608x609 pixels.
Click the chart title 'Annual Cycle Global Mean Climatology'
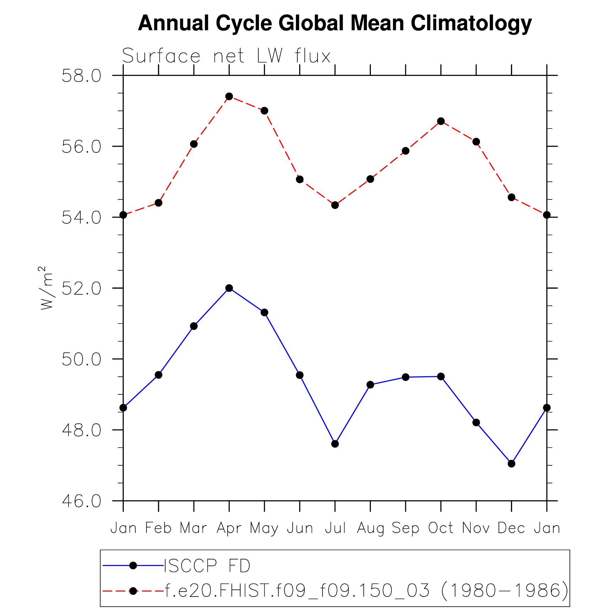(x=334, y=23)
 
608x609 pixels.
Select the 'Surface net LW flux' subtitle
(x=226, y=56)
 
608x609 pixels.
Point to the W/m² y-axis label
(x=47, y=288)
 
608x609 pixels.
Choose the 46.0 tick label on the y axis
(x=81, y=501)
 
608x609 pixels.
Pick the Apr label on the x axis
(x=229, y=528)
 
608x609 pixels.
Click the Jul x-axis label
(x=335, y=528)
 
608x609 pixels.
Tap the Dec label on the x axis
(x=511, y=528)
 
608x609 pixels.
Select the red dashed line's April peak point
(x=229, y=96)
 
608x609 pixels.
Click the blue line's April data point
(x=229, y=288)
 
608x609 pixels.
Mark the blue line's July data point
(x=335, y=444)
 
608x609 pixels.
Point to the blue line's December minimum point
(x=511, y=463)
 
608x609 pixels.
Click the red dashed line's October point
(x=441, y=121)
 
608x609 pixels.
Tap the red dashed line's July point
(x=335, y=205)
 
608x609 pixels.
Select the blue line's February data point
(x=159, y=375)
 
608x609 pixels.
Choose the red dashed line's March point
(x=194, y=144)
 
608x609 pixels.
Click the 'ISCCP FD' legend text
(x=207, y=566)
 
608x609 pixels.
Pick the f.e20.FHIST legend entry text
(x=366, y=591)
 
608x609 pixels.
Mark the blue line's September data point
(x=406, y=377)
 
